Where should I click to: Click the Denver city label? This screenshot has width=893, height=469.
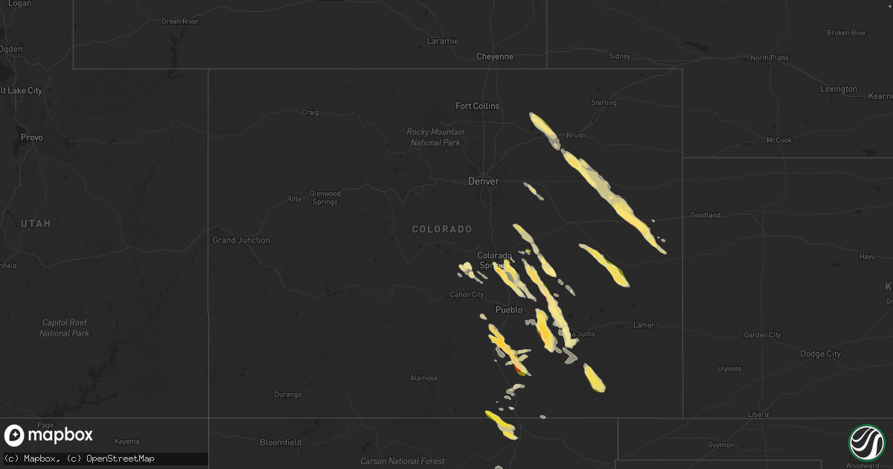(483, 181)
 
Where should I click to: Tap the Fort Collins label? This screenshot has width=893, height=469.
(478, 106)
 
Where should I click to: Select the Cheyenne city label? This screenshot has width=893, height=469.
(495, 57)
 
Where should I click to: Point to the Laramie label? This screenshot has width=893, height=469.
(443, 41)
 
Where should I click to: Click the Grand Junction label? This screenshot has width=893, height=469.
(241, 240)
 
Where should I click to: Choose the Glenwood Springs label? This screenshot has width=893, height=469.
(324, 198)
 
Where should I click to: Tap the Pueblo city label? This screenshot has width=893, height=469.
(509, 310)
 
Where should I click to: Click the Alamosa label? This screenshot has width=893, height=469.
(424, 378)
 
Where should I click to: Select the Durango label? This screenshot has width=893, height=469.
(288, 395)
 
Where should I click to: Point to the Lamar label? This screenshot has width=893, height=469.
(644, 325)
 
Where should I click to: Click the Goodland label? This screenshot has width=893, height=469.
(705, 215)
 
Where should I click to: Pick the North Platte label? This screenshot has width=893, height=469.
(769, 58)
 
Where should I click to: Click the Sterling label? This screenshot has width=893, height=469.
(604, 103)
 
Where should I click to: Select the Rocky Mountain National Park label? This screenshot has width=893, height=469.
(435, 137)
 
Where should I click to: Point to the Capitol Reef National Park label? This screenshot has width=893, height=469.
(65, 328)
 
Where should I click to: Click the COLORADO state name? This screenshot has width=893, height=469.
(442, 229)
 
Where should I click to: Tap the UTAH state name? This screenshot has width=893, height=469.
(35, 223)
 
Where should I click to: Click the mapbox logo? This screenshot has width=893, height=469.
(48, 435)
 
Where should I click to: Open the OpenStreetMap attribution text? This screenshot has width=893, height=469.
(121, 459)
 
